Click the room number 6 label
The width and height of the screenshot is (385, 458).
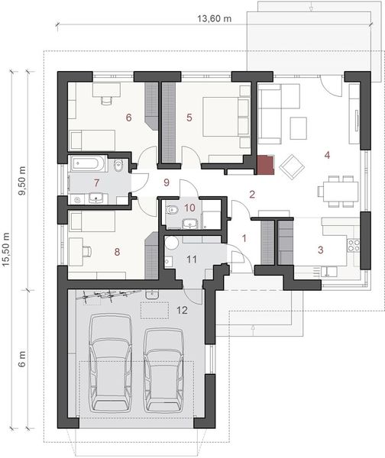point(128,118)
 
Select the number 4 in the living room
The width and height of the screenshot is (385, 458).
point(326,155)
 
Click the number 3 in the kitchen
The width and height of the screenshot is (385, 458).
point(321,249)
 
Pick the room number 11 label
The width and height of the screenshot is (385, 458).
point(192,260)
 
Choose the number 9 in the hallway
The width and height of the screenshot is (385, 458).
point(166,182)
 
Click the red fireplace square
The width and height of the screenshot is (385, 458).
point(264,164)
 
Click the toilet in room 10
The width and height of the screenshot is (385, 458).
point(173,209)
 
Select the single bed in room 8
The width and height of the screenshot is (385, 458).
point(92,221)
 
